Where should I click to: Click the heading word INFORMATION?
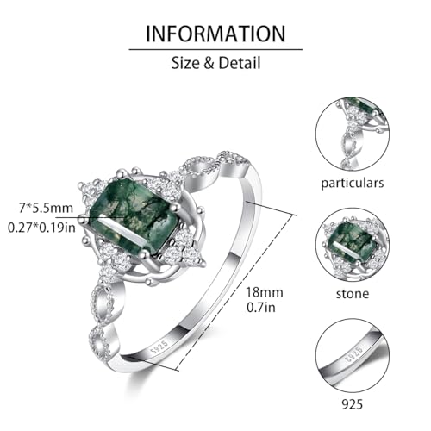(215, 34)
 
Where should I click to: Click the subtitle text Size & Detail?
(215, 63)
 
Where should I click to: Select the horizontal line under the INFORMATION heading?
(215, 49)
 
